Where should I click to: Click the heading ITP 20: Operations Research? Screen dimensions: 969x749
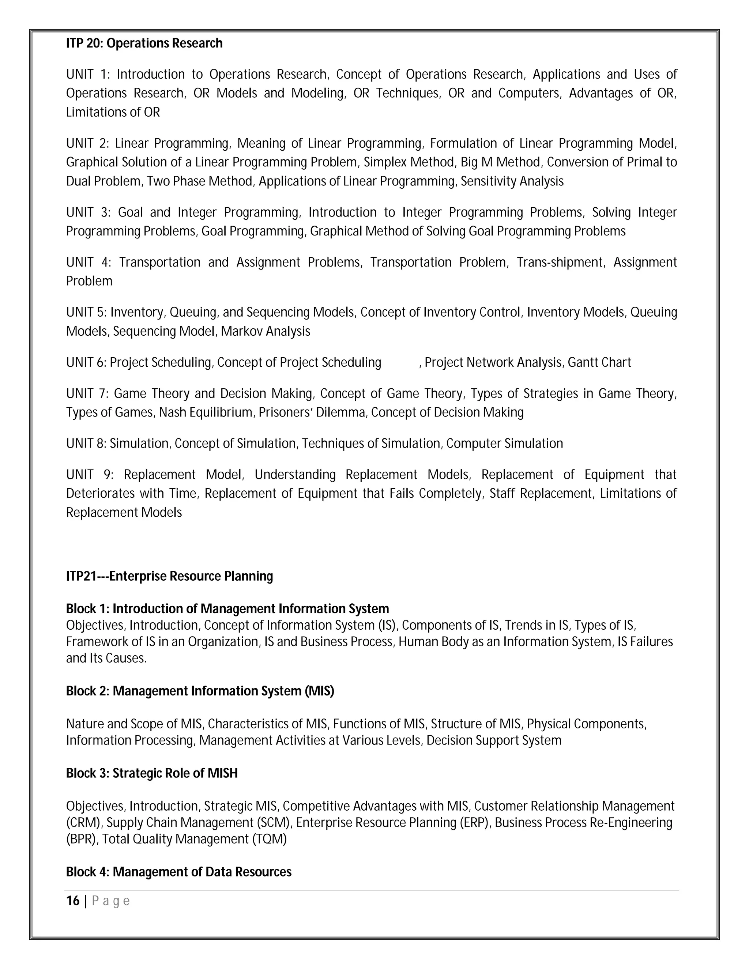pos(144,44)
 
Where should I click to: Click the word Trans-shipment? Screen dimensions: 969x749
pos(560,262)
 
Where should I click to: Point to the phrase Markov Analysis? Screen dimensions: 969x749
pos(266,331)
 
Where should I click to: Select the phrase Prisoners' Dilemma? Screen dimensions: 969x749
pos(312,412)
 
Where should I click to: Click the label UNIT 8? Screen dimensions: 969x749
pos(86,444)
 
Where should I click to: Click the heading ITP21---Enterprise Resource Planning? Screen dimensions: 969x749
pos(169,576)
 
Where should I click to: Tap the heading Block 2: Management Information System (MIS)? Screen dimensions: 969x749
pos(200,691)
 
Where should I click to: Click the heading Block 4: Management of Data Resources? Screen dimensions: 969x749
pos(178,872)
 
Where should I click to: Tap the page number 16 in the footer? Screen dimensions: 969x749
pos(73,901)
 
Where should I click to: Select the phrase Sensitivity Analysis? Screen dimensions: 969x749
pos(512,181)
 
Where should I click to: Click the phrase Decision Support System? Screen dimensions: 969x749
pos(494,740)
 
